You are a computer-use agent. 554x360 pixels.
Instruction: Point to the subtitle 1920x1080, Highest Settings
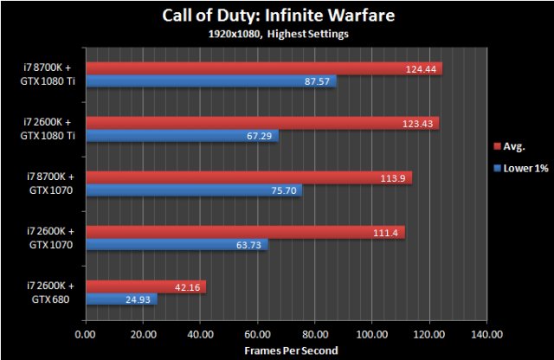click(276, 35)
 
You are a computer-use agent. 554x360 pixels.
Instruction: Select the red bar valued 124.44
click(263, 68)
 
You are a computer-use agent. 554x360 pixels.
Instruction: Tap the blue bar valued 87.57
click(210, 82)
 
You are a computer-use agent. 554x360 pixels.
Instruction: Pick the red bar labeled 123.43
click(261, 123)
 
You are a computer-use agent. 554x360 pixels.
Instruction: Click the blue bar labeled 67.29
click(182, 137)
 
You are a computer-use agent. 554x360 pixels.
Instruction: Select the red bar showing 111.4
click(245, 232)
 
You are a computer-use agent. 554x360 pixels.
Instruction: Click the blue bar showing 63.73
click(177, 246)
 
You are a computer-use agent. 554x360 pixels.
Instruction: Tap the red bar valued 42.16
click(145, 286)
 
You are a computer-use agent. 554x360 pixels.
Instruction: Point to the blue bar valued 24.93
click(121, 300)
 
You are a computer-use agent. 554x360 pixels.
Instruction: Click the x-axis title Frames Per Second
click(285, 349)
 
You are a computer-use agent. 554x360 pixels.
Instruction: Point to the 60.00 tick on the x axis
click(257, 333)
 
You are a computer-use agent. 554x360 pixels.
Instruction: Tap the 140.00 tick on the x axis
click(486, 333)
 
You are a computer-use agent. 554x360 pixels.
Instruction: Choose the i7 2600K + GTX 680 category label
click(50, 292)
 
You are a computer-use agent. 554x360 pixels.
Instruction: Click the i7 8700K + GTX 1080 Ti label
click(50, 74)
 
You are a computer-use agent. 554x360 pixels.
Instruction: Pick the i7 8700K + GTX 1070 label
click(50, 183)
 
